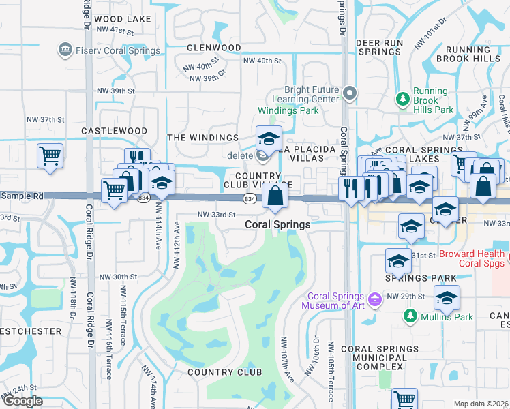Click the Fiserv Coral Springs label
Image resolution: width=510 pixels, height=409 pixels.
pos(118,50)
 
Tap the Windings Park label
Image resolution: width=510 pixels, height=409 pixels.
pos(288,110)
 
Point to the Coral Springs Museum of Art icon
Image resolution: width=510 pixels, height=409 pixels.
pos(374,299)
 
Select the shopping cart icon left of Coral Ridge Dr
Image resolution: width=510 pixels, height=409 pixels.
pos(50,156)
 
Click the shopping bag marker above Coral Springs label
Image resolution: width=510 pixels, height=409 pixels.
pos(274,196)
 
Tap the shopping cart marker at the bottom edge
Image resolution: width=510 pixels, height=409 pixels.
pos(404,399)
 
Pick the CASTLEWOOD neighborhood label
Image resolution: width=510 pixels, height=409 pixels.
pos(114,130)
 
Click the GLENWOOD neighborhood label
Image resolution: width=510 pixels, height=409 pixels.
pos(214,48)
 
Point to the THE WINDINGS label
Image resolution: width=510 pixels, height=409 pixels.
pos(203,138)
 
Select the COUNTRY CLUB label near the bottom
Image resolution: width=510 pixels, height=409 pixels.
pos(224,372)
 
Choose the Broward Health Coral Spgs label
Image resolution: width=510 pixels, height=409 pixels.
pos(472,258)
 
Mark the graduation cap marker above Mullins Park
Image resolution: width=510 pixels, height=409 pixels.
pos(447,297)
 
